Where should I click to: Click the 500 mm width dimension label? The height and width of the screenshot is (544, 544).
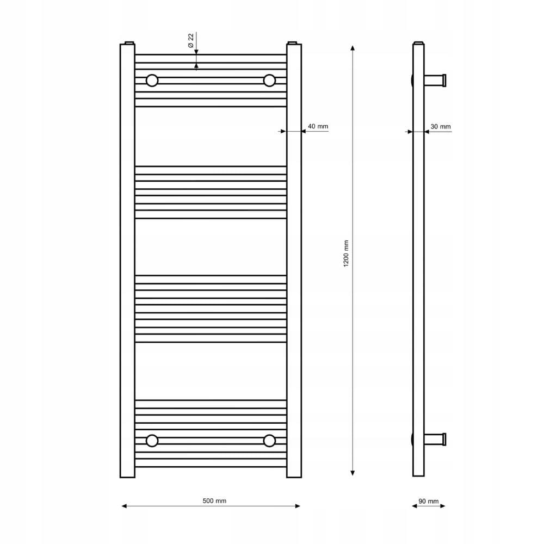[214, 500]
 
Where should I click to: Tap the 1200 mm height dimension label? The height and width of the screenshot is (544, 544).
[346, 254]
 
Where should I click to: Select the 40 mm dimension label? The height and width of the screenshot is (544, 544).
[318, 126]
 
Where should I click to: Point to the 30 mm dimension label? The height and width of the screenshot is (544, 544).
[441, 127]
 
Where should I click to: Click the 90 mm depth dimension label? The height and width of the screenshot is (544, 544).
[429, 502]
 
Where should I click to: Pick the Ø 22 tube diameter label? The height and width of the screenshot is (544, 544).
[191, 41]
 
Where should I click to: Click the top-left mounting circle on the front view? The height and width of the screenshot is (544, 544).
[152, 81]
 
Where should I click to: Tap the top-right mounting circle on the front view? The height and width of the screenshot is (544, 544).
[269, 81]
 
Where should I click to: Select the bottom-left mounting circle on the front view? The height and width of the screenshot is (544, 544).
[152, 441]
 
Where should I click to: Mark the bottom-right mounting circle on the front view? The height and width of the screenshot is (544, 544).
[269, 441]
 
